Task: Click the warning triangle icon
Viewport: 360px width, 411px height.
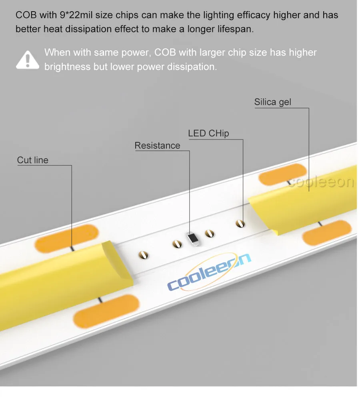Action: click(x=27, y=60)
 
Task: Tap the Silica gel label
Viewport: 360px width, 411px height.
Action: click(x=272, y=102)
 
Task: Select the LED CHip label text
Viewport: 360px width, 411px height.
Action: click(x=208, y=134)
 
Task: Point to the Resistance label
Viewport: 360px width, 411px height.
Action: click(x=157, y=146)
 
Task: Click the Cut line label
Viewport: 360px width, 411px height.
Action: click(x=32, y=160)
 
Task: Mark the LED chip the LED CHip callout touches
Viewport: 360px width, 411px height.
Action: click(x=240, y=222)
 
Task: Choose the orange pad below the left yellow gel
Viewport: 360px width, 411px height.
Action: click(x=106, y=309)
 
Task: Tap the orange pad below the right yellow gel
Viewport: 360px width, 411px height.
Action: click(x=327, y=233)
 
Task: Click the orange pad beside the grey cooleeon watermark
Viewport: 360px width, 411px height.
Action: click(x=282, y=174)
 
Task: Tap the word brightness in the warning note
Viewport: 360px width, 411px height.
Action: click(x=67, y=66)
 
